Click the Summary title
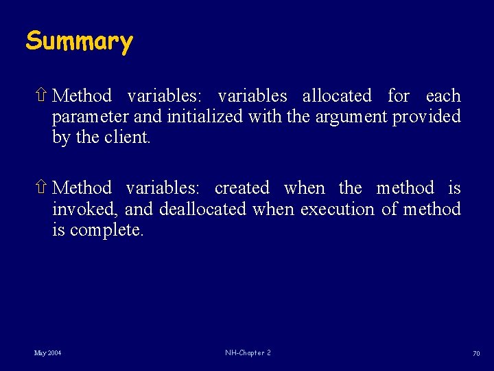click(x=79, y=42)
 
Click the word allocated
click(x=337, y=95)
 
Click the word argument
click(x=351, y=117)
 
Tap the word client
click(x=127, y=137)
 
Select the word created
click(x=242, y=188)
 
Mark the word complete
click(x=106, y=229)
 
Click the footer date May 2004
click(x=47, y=353)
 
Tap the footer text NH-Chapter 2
click(x=248, y=353)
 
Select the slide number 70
click(x=475, y=353)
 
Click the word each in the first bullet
click(x=443, y=95)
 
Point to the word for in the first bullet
click(x=399, y=95)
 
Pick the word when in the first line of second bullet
click(x=304, y=188)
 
